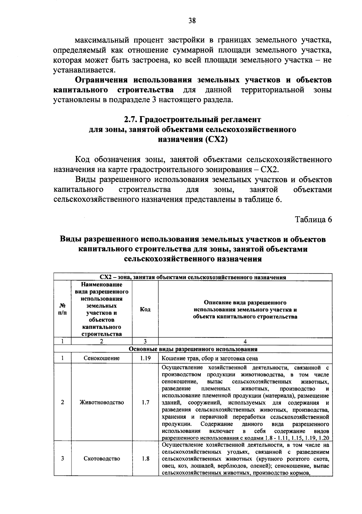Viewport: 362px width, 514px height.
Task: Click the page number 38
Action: (192, 21)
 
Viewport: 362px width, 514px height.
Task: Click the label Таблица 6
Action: (313, 219)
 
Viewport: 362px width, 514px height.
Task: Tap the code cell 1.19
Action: (145, 358)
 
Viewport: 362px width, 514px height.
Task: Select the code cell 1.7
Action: (145, 402)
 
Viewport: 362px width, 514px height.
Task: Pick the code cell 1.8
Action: (145, 458)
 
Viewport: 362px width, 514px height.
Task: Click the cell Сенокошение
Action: (101, 358)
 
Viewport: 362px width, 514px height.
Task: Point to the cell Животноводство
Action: (101, 402)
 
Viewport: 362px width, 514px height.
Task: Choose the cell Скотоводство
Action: (101, 458)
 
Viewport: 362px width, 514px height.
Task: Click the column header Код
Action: (145, 309)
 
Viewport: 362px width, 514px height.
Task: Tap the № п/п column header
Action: (62, 309)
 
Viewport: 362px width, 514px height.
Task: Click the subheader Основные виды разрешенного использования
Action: (193, 349)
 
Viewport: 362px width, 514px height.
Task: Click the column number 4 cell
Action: (245, 341)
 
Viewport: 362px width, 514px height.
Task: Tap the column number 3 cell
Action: (145, 341)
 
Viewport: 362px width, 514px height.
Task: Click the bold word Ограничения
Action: (101, 80)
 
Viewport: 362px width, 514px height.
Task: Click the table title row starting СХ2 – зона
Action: (193, 277)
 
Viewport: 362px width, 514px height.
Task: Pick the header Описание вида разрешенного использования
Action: (245, 309)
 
